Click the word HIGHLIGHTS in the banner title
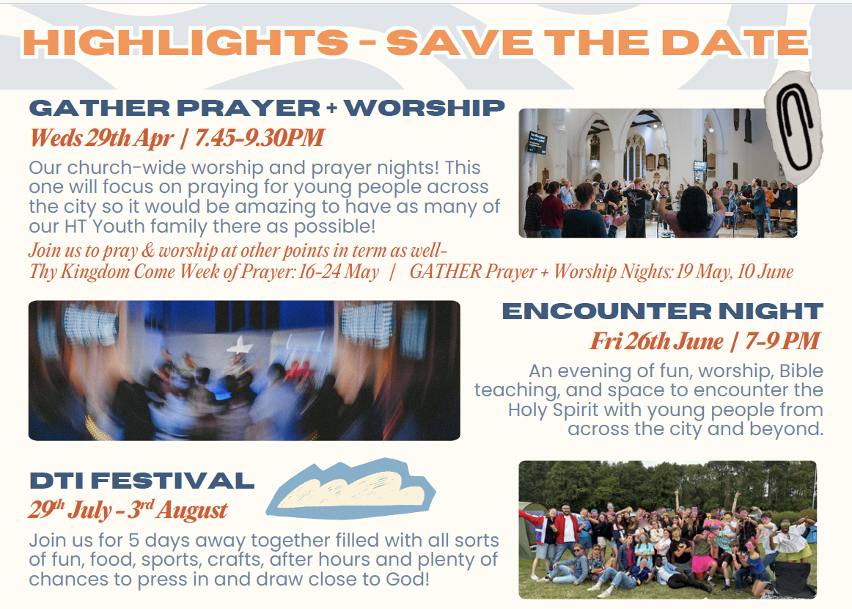(186, 43)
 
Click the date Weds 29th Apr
(102, 138)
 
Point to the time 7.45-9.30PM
(259, 138)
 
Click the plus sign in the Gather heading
(331, 108)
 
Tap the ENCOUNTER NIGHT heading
(663, 311)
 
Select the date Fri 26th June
(656, 341)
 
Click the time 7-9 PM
(782, 341)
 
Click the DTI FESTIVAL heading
(142, 481)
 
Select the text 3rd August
(177, 510)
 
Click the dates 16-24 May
(339, 271)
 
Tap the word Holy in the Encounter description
(528, 409)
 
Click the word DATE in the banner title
(735, 43)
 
